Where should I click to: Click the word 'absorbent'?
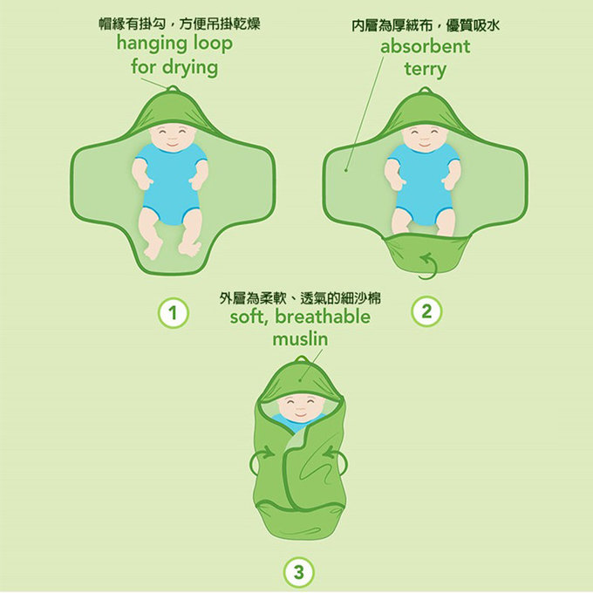(425, 45)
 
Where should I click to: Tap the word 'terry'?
(425, 68)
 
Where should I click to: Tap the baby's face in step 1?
(171, 137)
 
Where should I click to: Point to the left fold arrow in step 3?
(259, 460)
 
